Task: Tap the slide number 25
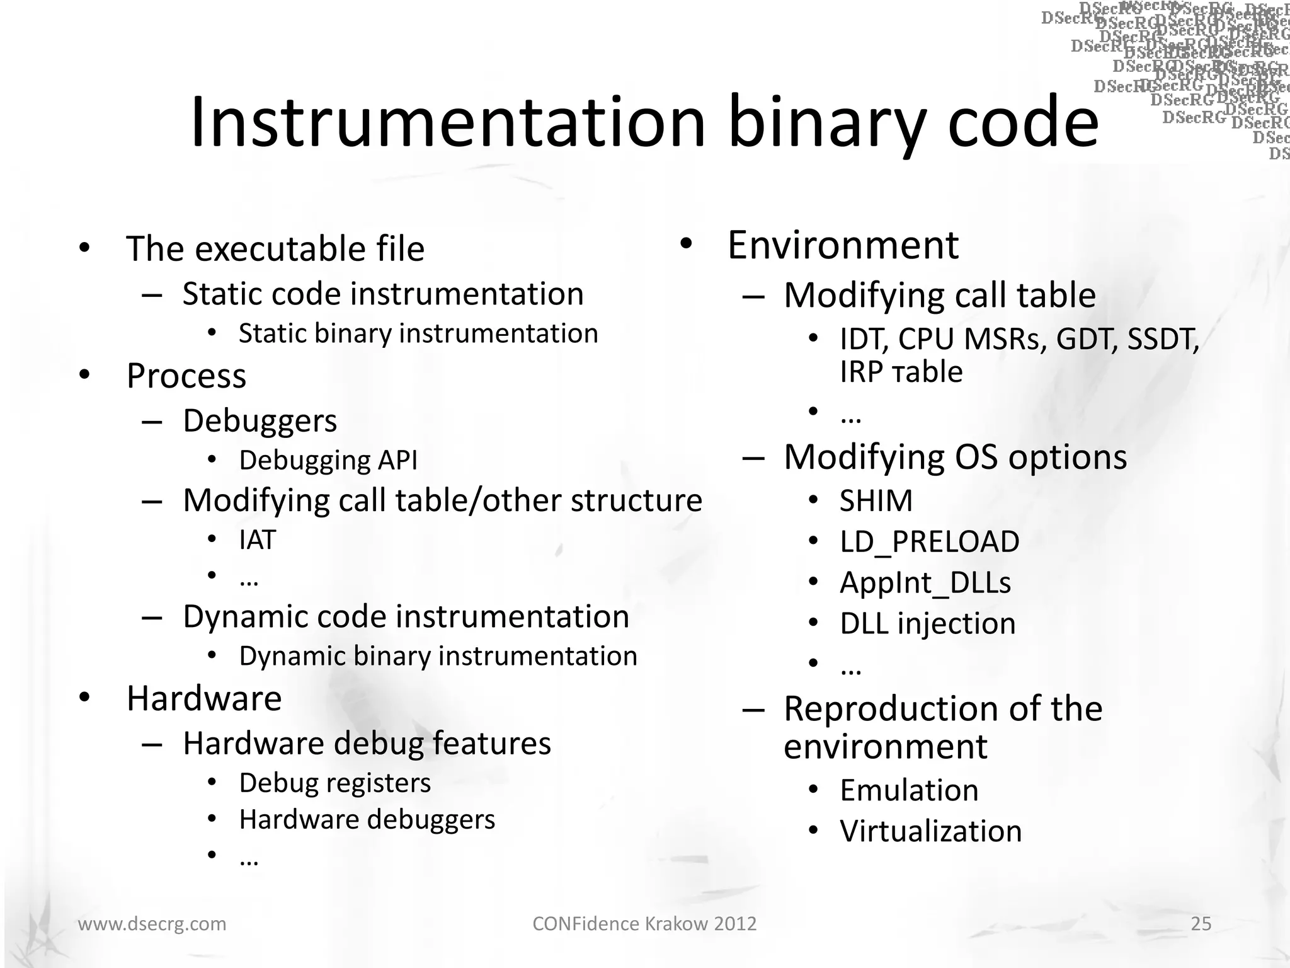pos(1201,923)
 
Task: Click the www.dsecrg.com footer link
pos(152,923)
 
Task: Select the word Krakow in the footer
pos(676,923)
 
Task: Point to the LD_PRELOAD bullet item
pos(929,541)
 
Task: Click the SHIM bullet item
pos(876,501)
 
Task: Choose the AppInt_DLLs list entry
pos(925,582)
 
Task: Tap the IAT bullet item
pos(257,539)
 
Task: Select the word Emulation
pos(909,790)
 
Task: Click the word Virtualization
pos(930,831)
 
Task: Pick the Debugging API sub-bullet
pos(328,460)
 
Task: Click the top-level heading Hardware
pos(204,698)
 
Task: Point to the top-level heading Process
pos(186,376)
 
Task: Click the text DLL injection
pos(927,623)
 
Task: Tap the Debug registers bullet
pos(334,783)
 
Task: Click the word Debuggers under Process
pos(260,420)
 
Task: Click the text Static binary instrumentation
pos(418,333)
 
